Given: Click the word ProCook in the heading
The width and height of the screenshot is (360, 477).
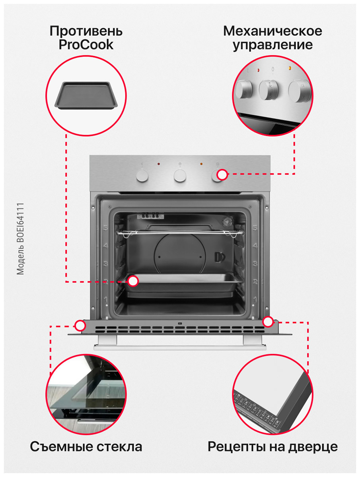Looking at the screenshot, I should (86, 45).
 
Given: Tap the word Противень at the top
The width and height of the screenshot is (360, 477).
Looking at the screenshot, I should (86, 31).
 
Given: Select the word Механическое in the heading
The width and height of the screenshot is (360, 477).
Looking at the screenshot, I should (272, 31).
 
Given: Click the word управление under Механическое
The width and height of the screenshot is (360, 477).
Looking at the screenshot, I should (272, 45).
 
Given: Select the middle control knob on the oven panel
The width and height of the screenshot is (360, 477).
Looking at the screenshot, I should (180, 175).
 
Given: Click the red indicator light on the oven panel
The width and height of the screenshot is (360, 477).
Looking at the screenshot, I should (159, 164).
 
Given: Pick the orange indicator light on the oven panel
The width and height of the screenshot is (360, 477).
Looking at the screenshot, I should (201, 164).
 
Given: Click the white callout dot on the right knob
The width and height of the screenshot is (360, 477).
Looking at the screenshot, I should (222, 175).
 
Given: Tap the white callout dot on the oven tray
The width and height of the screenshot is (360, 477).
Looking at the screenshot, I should (133, 281).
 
